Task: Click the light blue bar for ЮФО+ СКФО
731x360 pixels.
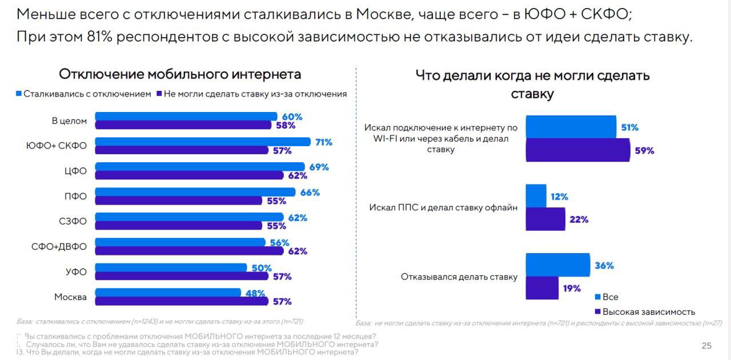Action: (203, 142)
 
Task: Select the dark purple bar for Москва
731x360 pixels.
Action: (182, 301)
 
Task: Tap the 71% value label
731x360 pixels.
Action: (324, 142)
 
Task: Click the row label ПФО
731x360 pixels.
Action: (75, 196)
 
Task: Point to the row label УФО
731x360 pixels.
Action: (75, 272)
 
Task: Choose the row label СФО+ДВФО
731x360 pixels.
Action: (59, 247)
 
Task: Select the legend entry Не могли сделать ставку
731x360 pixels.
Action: (255, 94)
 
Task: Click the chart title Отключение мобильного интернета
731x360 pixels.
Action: (180, 74)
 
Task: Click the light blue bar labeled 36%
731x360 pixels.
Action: (557, 265)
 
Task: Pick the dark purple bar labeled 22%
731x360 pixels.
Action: (545, 219)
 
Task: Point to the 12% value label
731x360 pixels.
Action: (559, 197)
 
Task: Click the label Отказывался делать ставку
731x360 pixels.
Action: (459, 277)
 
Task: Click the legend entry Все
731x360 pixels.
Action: (610, 297)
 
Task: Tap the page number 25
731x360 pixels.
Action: (706, 346)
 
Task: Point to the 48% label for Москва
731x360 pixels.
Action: (254, 293)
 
